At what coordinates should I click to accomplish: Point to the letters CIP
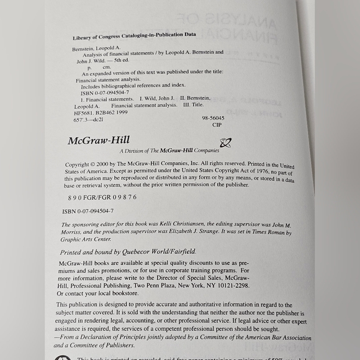pyautogui.click(x=216, y=125)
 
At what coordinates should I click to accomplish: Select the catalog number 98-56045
pyautogui.click(x=213, y=117)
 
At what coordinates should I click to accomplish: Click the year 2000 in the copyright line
pyautogui.click(x=104, y=164)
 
